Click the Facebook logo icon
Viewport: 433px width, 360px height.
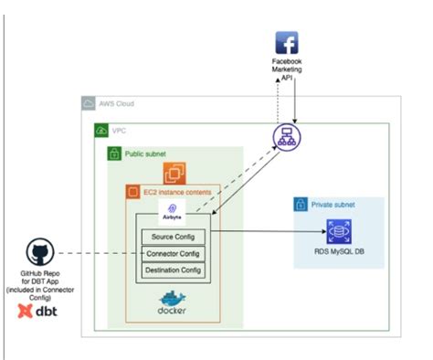click(287, 43)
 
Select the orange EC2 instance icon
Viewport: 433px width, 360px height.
click(174, 173)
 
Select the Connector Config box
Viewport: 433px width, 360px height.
click(172, 254)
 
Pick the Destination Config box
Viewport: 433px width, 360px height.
click(172, 270)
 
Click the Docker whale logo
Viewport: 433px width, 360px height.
click(172, 301)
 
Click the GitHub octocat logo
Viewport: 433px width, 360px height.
click(37, 252)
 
